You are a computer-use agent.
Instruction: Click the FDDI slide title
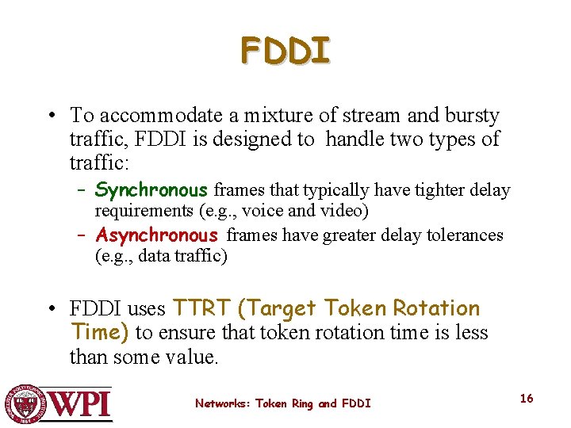point(285,51)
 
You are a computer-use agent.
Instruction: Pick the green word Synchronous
point(151,190)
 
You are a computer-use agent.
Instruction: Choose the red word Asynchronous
point(156,235)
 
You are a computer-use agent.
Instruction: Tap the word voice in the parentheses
point(263,211)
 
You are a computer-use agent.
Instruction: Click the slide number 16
point(527,399)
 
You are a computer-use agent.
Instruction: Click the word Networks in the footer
point(220,403)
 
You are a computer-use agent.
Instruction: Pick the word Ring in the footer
point(302,403)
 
